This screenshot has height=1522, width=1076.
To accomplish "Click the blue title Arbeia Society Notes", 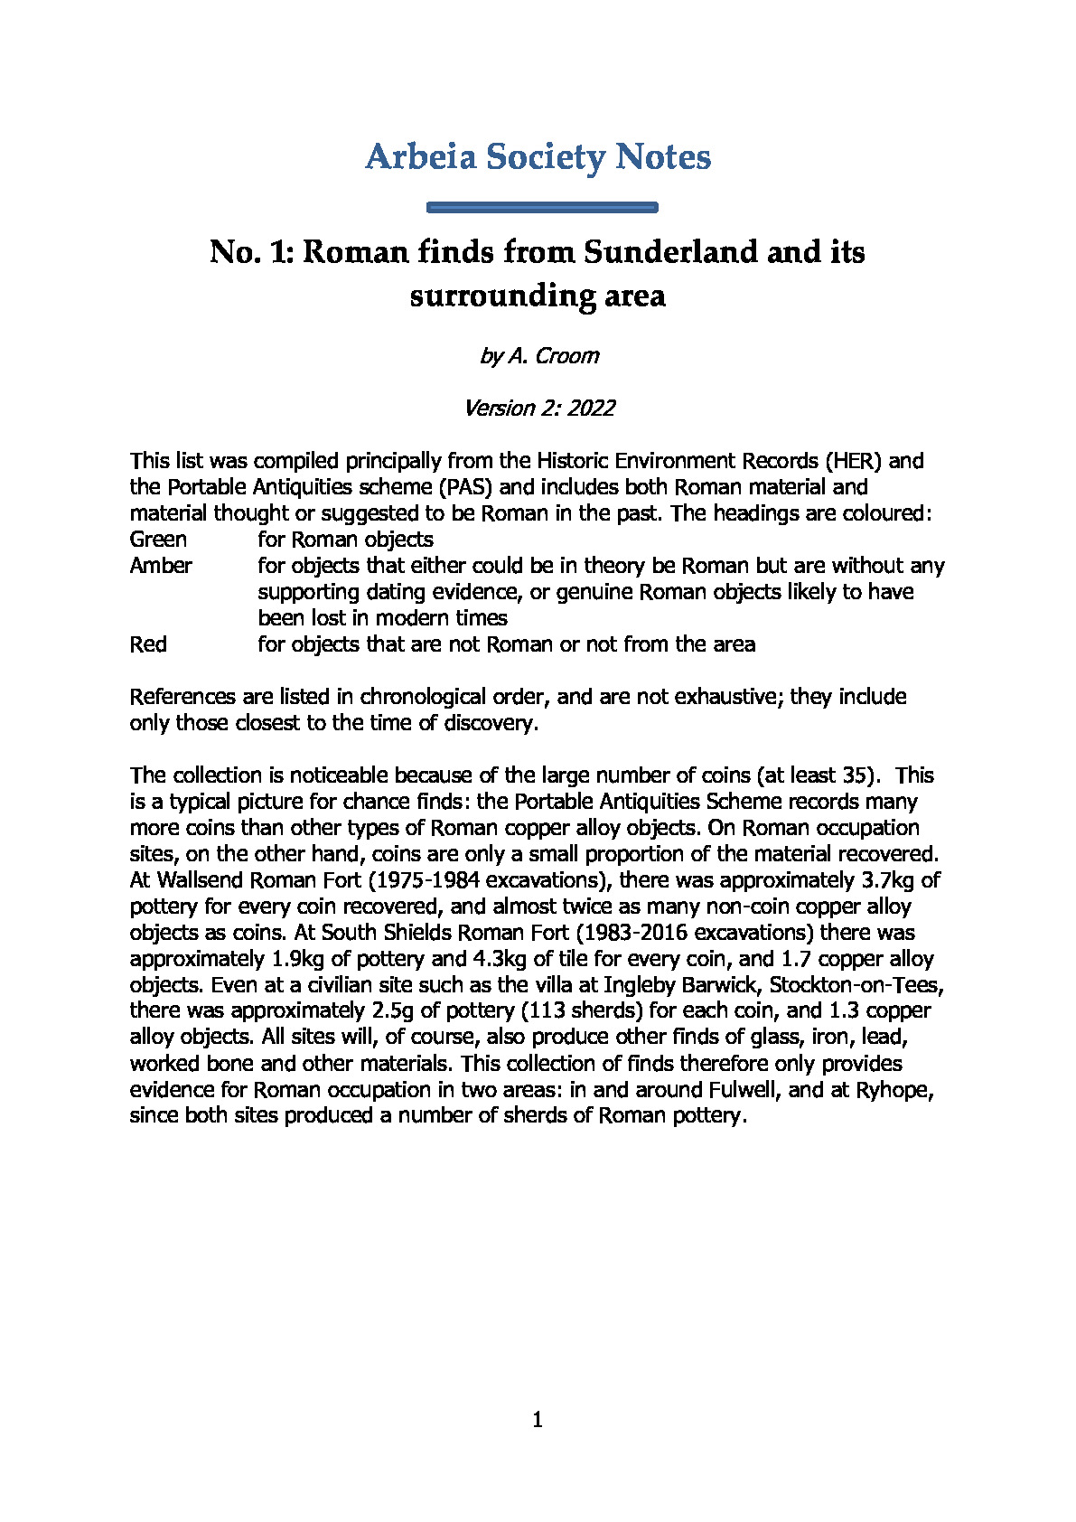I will coord(538,157).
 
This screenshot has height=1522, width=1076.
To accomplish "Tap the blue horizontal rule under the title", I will coord(541,208).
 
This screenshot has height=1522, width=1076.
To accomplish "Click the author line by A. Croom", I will coord(538,356).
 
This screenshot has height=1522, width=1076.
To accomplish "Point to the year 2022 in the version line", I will coord(591,409).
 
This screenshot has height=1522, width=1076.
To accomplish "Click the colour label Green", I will coord(158,540).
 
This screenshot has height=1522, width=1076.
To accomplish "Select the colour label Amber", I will coord(161,566).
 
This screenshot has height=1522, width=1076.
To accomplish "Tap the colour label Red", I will coord(148,644).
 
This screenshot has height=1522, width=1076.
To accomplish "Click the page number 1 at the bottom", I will coord(538,1421).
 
